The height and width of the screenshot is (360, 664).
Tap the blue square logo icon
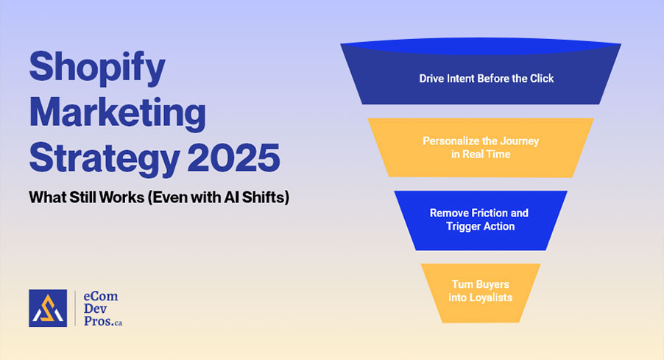click(x=48, y=308)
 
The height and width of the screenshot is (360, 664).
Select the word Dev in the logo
click(x=96, y=309)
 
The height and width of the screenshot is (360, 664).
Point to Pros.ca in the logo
click(x=107, y=322)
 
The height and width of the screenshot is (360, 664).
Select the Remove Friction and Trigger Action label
click(x=479, y=219)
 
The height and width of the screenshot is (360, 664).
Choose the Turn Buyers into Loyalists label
click(x=481, y=290)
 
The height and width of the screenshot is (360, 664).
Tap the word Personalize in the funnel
click(x=451, y=140)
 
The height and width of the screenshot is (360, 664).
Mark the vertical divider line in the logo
click(x=76, y=308)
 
